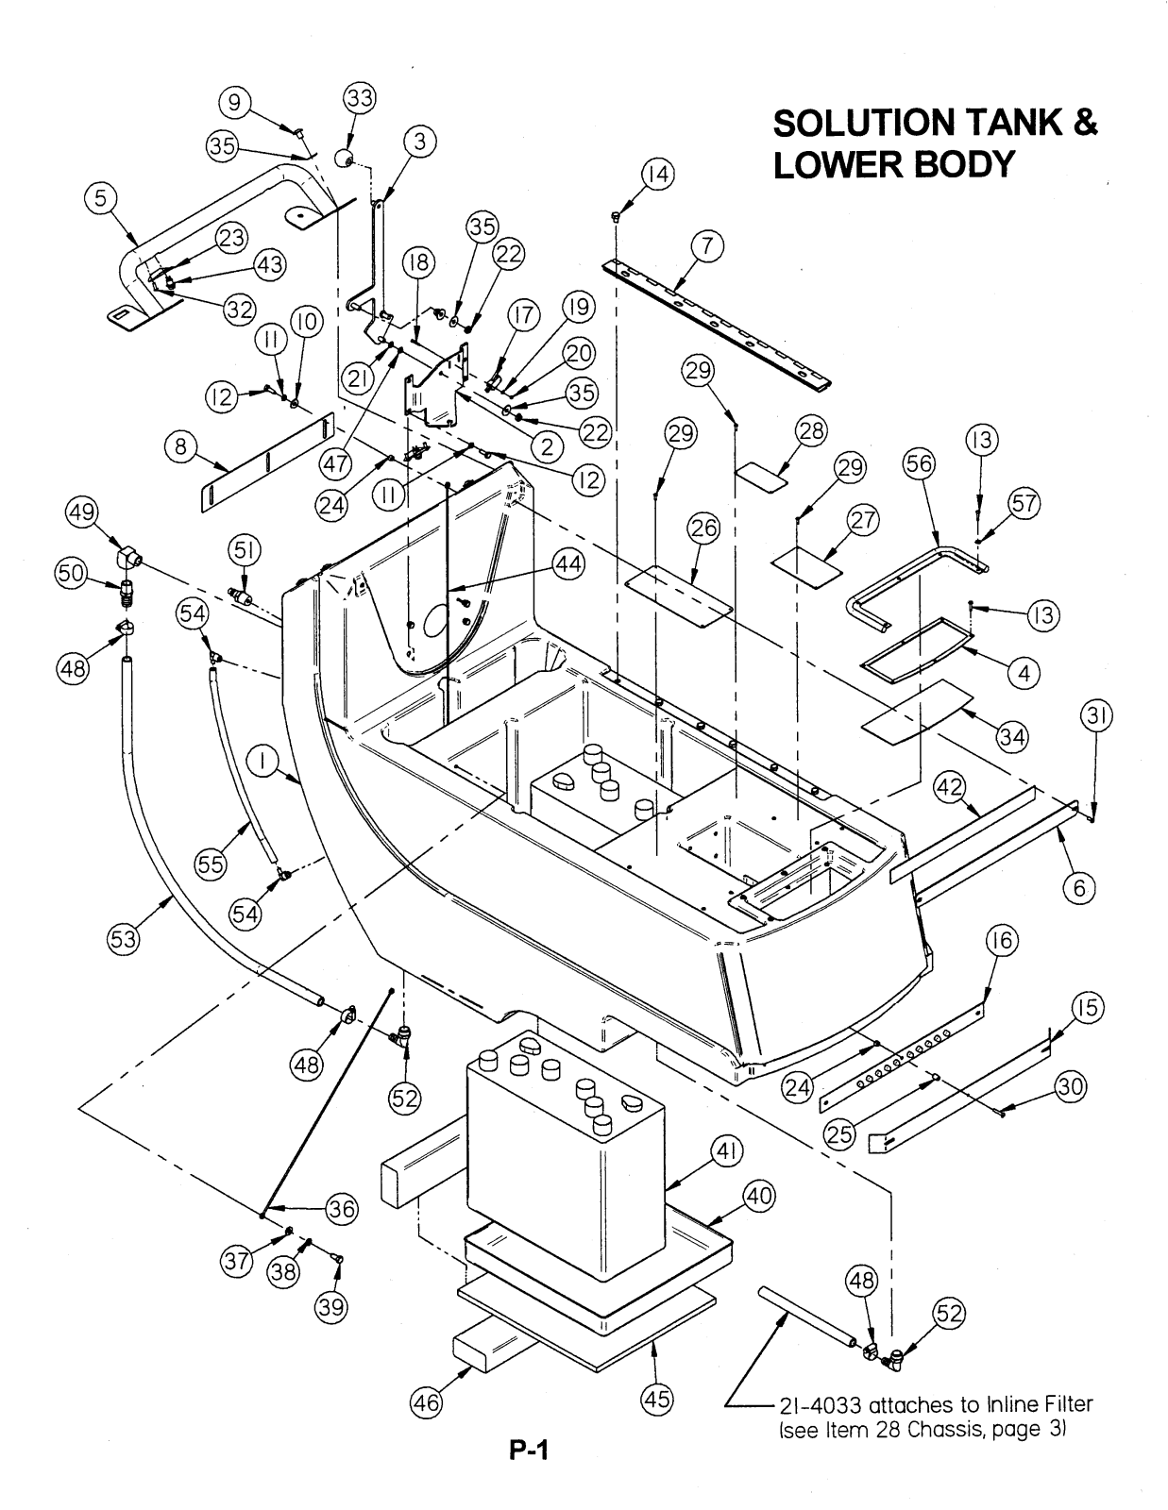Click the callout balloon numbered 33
(x=359, y=98)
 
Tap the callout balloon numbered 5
(x=100, y=198)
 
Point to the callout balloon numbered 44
(x=568, y=564)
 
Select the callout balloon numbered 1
(x=265, y=759)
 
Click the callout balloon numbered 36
(x=343, y=1209)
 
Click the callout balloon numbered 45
(x=658, y=1399)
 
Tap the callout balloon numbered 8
(x=181, y=446)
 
